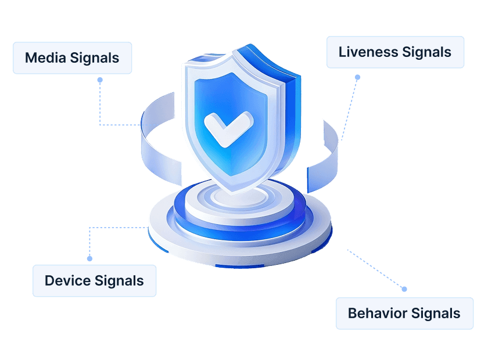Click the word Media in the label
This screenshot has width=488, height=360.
pos(46,58)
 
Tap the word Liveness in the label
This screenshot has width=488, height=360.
pos(368,52)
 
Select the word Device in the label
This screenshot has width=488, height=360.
pos(67,280)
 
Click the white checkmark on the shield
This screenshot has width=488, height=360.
pos(228,128)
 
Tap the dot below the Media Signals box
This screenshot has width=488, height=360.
pos(100,80)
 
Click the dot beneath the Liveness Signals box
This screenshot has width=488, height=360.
pos(358,77)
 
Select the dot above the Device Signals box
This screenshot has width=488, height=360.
pos(89,258)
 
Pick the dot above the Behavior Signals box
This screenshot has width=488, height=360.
pos(404,289)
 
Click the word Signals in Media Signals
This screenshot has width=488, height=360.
pos(94,59)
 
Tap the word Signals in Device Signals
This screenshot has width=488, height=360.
pos(119,281)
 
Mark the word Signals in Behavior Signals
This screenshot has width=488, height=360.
pos(436,314)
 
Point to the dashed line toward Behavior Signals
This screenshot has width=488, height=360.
pos(376,269)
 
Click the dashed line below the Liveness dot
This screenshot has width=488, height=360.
pos(350,109)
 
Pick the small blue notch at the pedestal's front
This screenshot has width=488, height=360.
pos(239,267)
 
